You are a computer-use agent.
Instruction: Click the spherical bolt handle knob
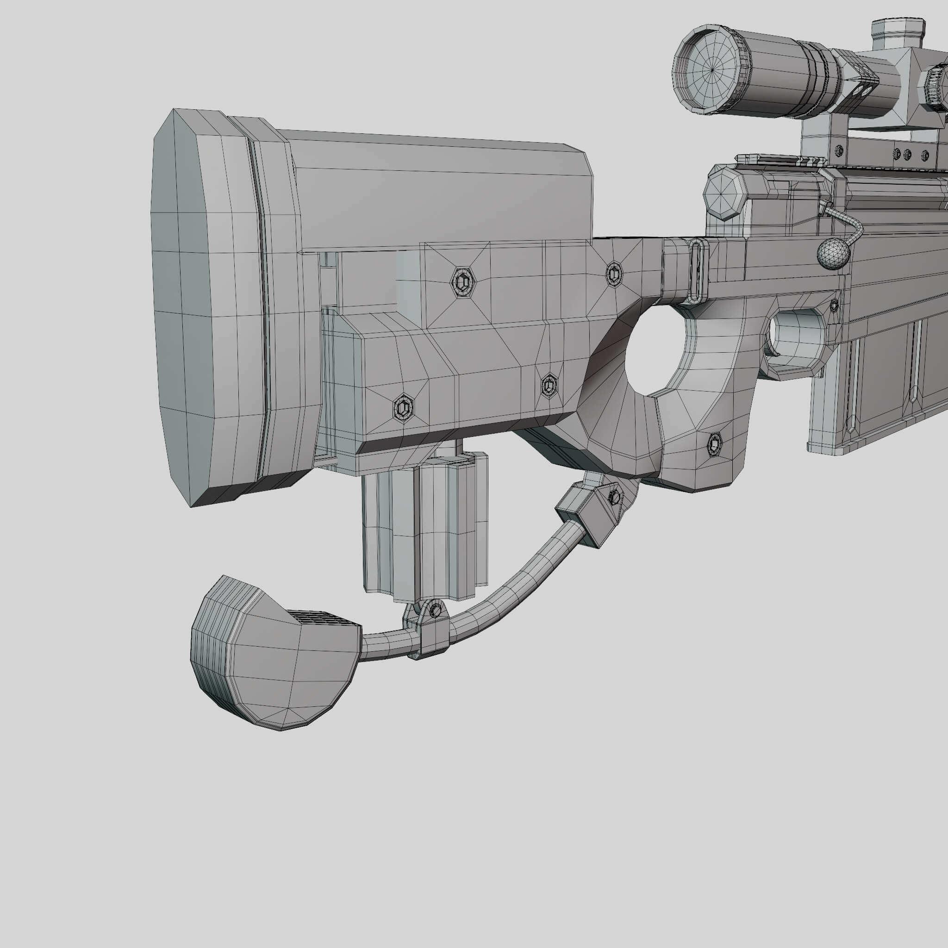[833, 254]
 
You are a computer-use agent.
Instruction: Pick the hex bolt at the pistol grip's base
[714, 444]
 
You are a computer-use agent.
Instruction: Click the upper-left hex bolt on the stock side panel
[462, 282]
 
